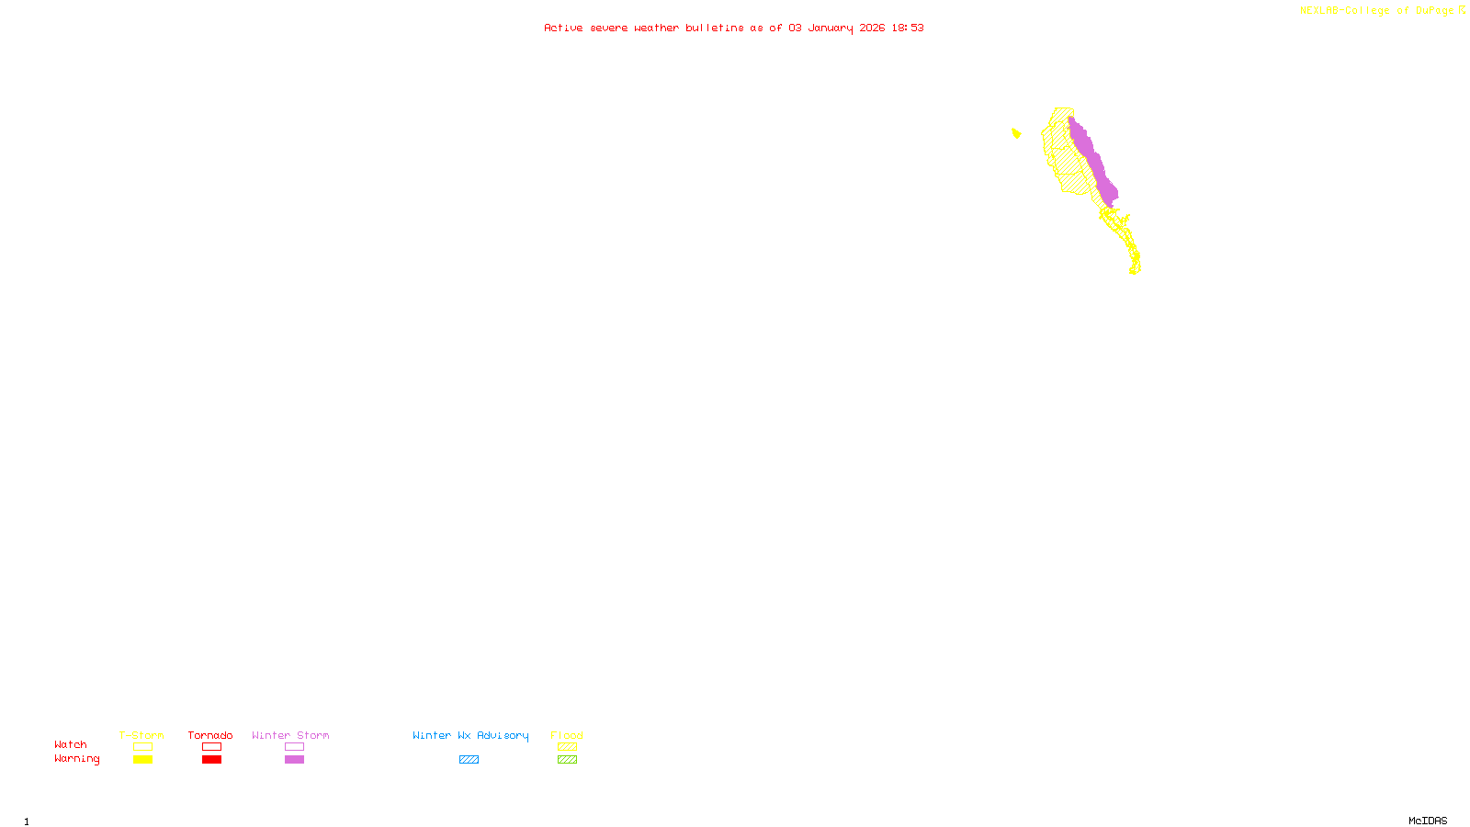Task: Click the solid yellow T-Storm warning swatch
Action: tap(142, 760)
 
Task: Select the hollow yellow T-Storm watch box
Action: tap(142, 747)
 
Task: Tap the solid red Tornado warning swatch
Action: tap(211, 760)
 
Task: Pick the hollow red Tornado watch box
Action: tap(211, 747)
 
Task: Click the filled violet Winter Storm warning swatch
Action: tap(294, 760)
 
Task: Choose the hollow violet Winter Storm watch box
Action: tap(294, 747)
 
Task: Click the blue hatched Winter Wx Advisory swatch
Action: tap(469, 760)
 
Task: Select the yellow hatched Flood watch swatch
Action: tap(567, 747)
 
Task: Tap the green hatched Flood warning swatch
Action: tap(567, 760)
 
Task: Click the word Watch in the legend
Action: tap(70, 745)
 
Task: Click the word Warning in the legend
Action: tap(76, 759)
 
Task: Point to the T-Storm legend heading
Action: tap(141, 735)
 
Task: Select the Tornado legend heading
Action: tap(210, 735)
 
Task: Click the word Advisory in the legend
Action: tap(503, 735)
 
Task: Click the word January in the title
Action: tap(831, 28)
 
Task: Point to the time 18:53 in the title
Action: tap(908, 28)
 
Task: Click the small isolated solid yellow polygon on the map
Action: tap(1016, 133)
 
